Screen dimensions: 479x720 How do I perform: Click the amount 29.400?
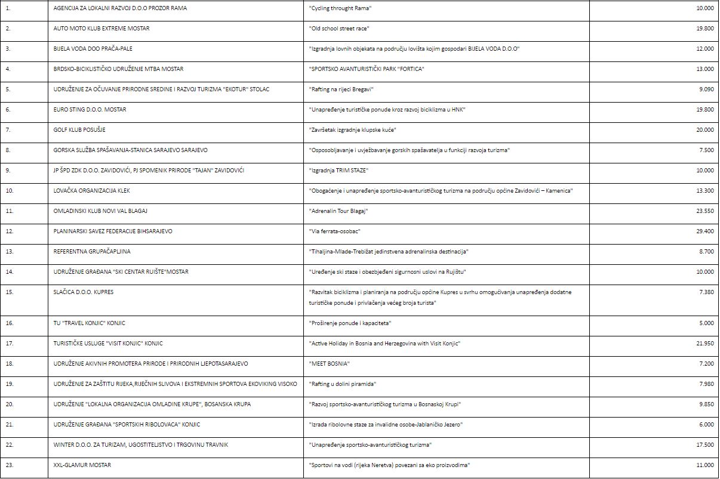pos(705,231)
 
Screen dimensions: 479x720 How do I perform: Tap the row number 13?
pos(9,251)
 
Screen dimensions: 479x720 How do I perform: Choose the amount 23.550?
pos(705,211)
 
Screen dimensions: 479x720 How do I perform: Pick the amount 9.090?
pos(706,89)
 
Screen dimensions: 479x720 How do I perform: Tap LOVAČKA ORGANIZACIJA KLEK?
pos(91,190)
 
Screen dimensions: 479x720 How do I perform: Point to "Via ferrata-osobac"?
pos(335,231)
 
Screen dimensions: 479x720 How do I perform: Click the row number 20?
pos(9,404)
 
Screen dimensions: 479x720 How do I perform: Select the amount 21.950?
pos(705,343)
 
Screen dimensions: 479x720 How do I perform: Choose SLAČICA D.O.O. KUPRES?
pos(83,292)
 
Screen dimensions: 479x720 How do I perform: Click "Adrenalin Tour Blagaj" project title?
pos(339,211)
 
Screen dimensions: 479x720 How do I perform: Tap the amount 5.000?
pos(706,323)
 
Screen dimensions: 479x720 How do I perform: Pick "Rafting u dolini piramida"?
pos(342,384)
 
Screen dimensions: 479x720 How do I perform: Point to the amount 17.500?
pos(705,444)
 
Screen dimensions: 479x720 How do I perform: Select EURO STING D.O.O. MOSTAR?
pos(90,109)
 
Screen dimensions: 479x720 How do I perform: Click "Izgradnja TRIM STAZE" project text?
pos(339,170)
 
